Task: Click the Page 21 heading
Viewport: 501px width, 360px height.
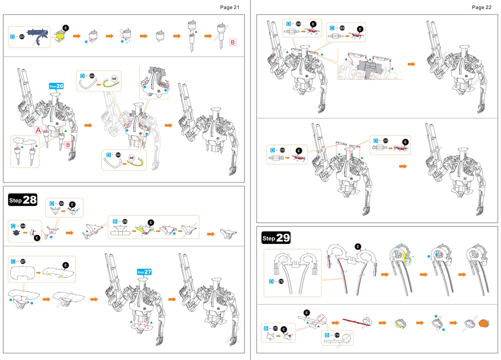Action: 229,7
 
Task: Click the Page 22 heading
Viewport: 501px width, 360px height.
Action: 481,7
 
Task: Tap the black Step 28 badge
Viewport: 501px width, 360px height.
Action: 23,200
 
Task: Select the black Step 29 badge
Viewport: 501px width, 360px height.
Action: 276,238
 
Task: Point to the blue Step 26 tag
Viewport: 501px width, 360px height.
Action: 56,86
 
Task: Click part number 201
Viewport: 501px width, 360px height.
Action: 22,37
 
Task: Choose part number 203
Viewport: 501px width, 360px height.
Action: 119,155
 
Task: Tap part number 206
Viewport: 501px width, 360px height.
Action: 125,221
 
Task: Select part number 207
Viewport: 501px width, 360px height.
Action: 23,261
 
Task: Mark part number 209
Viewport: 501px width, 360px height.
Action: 342,28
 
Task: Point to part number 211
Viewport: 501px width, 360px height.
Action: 386,141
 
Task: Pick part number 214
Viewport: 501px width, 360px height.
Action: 337,335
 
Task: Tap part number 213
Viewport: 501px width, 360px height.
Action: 275,328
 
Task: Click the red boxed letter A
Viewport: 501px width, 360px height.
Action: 39,130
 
